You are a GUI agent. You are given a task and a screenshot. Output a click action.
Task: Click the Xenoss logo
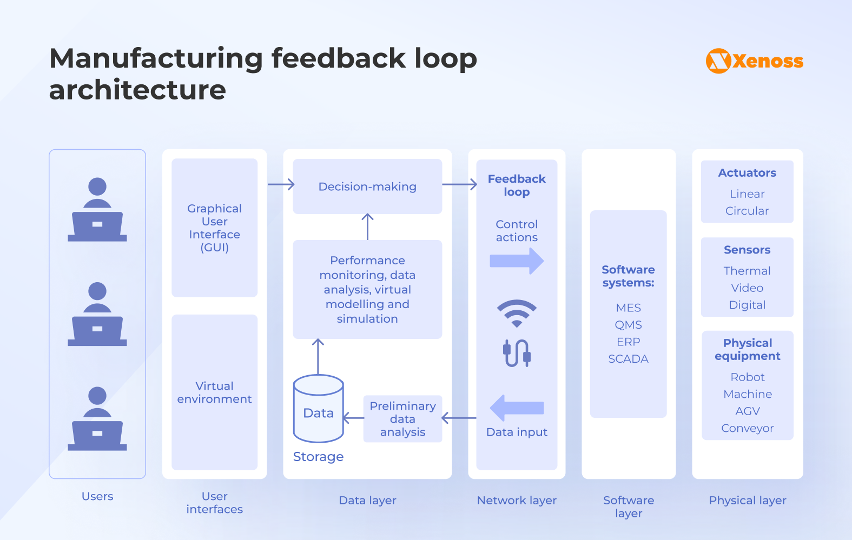tap(754, 61)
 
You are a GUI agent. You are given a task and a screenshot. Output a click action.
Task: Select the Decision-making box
tap(367, 186)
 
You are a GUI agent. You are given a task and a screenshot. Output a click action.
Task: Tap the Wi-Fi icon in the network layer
tap(517, 313)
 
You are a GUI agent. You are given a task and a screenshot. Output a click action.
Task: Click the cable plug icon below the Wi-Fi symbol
tap(517, 353)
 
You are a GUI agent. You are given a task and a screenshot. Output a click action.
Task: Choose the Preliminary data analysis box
tap(402, 419)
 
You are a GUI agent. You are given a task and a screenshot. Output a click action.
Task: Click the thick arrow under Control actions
tap(517, 261)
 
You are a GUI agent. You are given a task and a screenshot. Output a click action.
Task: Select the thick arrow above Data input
tap(517, 408)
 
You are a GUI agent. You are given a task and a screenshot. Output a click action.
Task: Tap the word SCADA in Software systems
tap(628, 359)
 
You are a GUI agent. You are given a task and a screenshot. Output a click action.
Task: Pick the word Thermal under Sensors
tap(747, 271)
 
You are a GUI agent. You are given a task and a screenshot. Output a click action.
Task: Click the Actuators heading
tap(747, 173)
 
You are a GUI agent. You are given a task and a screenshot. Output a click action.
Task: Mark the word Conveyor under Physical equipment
tap(747, 428)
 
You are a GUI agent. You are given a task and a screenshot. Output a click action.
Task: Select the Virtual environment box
tap(214, 392)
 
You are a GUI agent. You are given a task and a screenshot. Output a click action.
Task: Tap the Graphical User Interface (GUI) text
tap(214, 228)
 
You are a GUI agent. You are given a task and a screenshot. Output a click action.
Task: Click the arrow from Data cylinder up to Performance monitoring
tap(318, 357)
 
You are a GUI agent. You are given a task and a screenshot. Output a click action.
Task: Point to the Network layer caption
tap(517, 501)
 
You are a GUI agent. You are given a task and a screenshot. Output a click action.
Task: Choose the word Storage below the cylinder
tap(318, 457)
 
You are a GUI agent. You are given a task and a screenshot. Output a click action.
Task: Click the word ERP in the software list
tap(628, 342)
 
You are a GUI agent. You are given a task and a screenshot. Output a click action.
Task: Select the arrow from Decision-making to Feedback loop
tap(459, 184)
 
